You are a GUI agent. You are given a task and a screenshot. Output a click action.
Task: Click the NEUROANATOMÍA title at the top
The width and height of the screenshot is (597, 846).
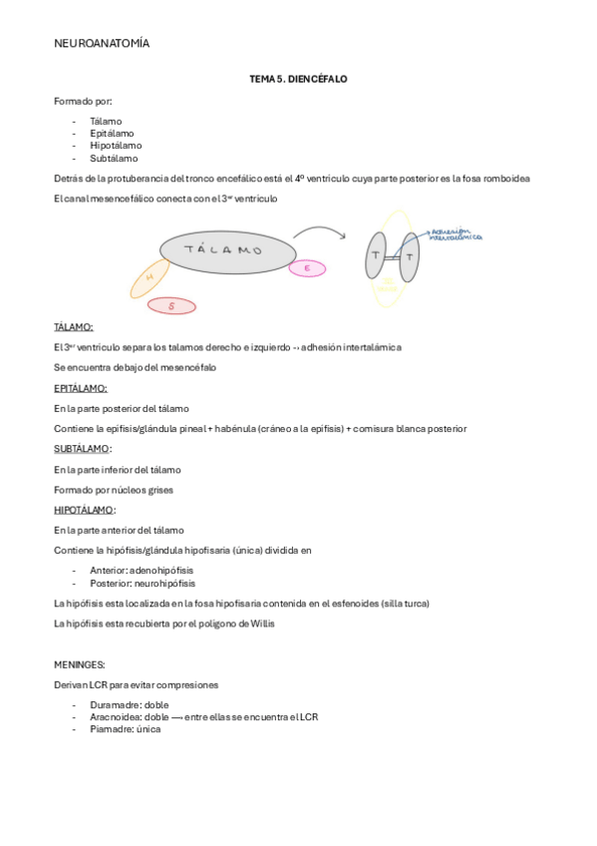pyautogui.click(x=102, y=44)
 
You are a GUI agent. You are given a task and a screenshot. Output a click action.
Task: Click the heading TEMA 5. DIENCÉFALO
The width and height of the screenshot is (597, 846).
pyautogui.click(x=298, y=78)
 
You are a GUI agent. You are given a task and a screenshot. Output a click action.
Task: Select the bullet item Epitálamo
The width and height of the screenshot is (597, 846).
pyautogui.click(x=112, y=133)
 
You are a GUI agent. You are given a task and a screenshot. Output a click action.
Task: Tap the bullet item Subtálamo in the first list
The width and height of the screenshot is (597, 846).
pyautogui.click(x=114, y=158)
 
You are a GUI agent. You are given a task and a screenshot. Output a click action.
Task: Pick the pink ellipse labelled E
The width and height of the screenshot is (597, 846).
pyautogui.click(x=307, y=267)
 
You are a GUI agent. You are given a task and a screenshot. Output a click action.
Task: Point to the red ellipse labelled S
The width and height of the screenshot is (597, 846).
pyautogui.click(x=171, y=306)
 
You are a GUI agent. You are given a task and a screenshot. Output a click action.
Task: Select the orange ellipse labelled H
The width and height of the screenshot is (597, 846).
pyautogui.click(x=149, y=278)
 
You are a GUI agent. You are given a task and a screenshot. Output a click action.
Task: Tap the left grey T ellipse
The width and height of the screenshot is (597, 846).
pyautogui.click(x=376, y=256)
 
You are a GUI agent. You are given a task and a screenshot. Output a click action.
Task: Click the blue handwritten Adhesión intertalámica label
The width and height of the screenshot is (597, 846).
pyautogui.click(x=454, y=234)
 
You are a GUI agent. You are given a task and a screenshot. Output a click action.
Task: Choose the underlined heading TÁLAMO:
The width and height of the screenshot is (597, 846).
pyautogui.click(x=74, y=327)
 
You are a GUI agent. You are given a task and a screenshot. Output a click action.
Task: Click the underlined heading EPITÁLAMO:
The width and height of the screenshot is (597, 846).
pyautogui.click(x=81, y=388)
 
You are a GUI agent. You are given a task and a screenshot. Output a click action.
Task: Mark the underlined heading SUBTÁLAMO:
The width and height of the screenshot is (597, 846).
pyautogui.click(x=82, y=449)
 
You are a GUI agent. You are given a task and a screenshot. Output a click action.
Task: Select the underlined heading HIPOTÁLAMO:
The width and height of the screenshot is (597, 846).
pyautogui.click(x=85, y=510)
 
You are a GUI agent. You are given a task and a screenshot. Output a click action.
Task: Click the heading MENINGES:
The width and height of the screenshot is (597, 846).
pyautogui.click(x=80, y=664)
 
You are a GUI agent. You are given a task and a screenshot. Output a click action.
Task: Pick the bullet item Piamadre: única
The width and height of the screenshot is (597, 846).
pyautogui.click(x=125, y=729)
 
